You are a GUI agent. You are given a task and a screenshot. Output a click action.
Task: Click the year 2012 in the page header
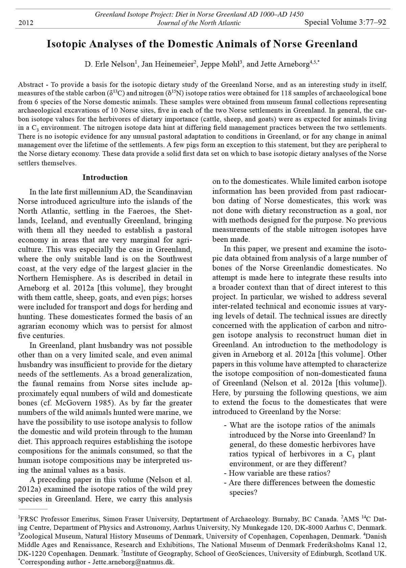pos(25,23)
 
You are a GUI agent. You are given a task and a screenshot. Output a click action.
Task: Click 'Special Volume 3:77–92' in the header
pos(345,22)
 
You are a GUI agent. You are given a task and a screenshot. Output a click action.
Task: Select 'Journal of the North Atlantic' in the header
pos(199,23)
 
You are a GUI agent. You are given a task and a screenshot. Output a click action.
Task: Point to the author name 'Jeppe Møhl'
pos(220,64)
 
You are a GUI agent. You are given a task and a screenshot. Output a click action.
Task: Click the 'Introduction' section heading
pos(105,177)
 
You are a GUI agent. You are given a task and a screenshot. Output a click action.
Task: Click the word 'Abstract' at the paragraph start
pos(31,85)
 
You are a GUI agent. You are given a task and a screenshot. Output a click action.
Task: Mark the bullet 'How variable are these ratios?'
pos(279,473)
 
